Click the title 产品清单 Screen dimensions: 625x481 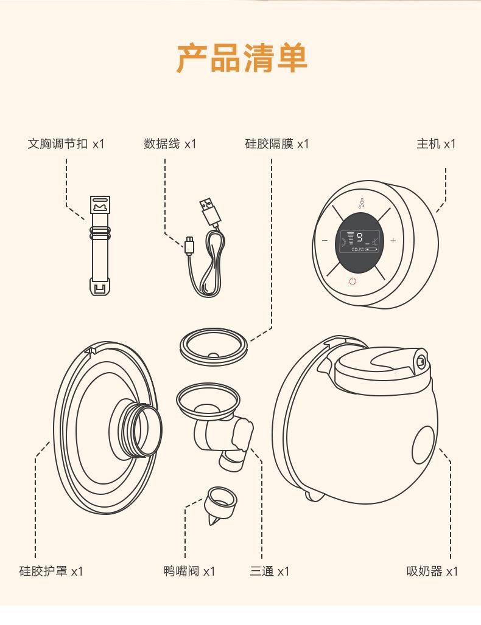[x=242, y=58]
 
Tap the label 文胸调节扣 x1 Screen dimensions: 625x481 [x=66, y=144]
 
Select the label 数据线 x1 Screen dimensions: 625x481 [x=170, y=144]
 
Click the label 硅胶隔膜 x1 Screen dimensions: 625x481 [x=277, y=144]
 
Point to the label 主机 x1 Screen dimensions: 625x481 [x=436, y=144]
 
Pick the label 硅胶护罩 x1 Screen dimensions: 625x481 [x=51, y=571]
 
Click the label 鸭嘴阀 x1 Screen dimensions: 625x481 [x=189, y=571]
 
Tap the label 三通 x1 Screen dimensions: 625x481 [x=270, y=571]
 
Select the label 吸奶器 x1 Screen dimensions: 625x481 [x=432, y=571]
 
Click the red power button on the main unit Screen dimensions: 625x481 [x=353, y=281]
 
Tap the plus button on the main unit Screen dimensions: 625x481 [x=393, y=241]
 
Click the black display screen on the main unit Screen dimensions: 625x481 [x=358, y=242]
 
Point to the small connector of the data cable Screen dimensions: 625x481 [x=189, y=246]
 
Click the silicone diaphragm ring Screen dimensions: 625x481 [x=213, y=347]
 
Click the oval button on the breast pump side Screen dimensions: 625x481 [x=424, y=443]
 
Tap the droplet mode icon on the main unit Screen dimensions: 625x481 [x=361, y=202]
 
